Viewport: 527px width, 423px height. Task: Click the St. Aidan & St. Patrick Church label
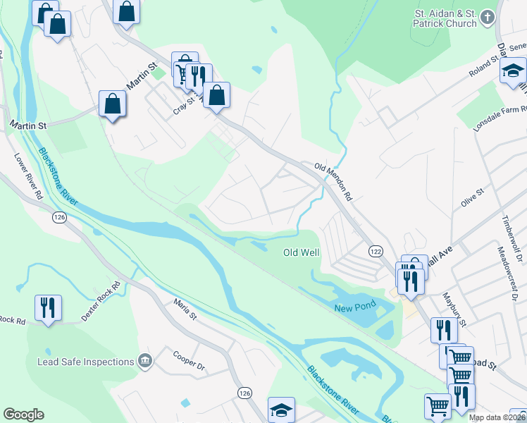click(445, 18)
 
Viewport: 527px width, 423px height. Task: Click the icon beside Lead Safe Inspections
click(145, 361)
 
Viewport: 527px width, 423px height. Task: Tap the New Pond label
click(353, 307)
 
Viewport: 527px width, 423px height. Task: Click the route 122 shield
click(376, 251)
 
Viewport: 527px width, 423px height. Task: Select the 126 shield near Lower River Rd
click(58, 219)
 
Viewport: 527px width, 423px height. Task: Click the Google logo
click(23, 415)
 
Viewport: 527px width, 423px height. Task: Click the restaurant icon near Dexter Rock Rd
click(48, 307)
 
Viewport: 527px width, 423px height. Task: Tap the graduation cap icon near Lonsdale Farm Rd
click(513, 70)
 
